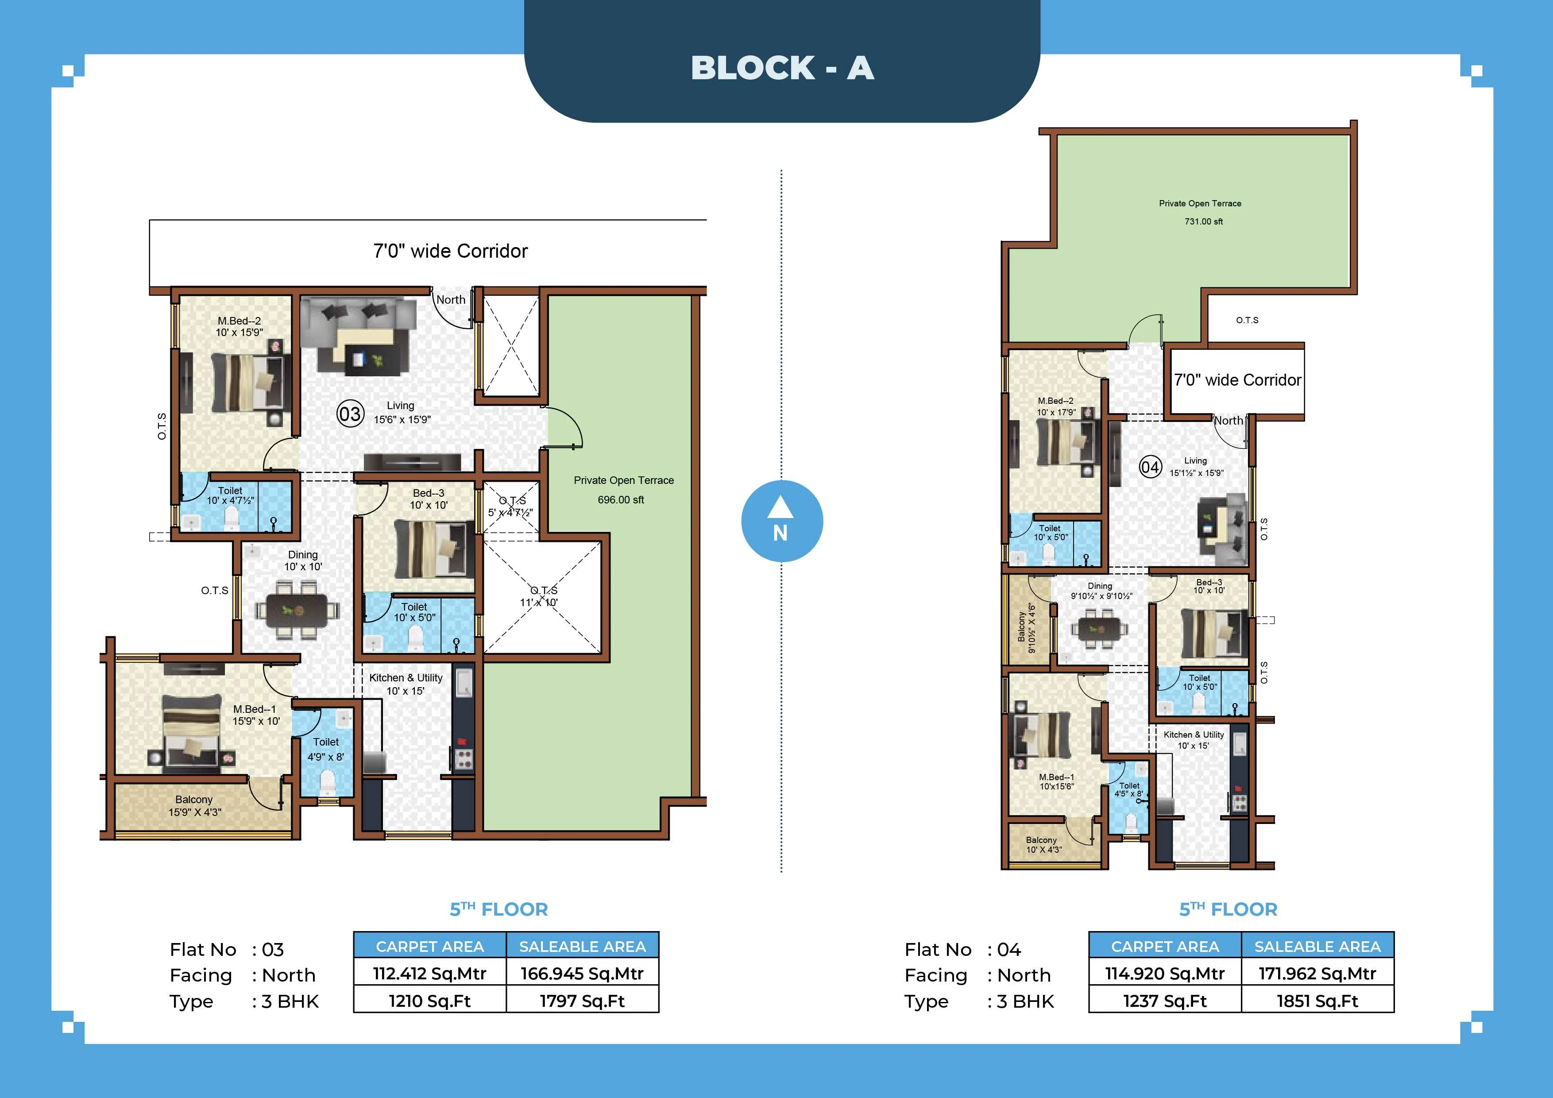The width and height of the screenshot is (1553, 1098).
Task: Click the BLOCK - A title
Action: pyautogui.click(x=782, y=68)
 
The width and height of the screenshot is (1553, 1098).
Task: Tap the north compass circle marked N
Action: pyautogui.click(x=781, y=521)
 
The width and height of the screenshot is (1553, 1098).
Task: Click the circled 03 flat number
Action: pyautogui.click(x=350, y=414)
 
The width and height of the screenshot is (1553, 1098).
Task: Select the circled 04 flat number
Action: pyautogui.click(x=1150, y=467)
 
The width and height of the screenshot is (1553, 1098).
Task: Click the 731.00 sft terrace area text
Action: pyautogui.click(x=1203, y=221)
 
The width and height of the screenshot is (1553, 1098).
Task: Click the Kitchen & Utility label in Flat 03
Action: pyautogui.click(x=406, y=678)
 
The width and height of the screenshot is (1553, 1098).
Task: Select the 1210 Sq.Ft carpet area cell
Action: pyautogui.click(x=429, y=1001)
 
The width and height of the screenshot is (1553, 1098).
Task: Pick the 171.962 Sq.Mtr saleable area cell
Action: pyautogui.click(x=1317, y=974)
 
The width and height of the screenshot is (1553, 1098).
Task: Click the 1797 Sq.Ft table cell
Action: pyautogui.click(x=582, y=1001)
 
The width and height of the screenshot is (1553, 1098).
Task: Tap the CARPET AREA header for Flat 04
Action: pyautogui.click(x=1165, y=947)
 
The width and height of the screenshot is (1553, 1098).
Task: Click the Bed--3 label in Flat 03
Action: pyautogui.click(x=429, y=493)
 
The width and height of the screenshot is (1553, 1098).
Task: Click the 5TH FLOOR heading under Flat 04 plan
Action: pyautogui.click(x=1228, y=909)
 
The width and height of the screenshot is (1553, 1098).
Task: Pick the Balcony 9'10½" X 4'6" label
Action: pyautogui.click(x=1026, y=627)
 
